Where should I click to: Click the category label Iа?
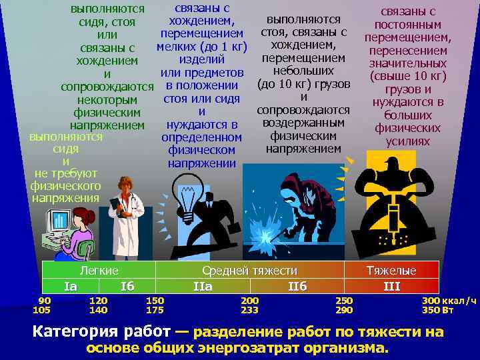click(71, 287)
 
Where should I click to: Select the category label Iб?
click(127, 287)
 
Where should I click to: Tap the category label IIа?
click(202, 287)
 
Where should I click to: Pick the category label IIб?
click(297, 287)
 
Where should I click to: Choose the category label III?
click(392, 287)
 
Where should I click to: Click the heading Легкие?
click(99, 271)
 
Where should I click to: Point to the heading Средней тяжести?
click(250, 271)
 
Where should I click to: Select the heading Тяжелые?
click(392, 271)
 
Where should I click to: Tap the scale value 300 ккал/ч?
click(449, 301)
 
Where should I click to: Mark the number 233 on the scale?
click(249, 310)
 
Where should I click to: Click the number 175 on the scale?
click(155, 310)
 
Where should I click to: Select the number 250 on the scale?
click(345, 301)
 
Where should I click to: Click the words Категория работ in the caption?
click(103, 331)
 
